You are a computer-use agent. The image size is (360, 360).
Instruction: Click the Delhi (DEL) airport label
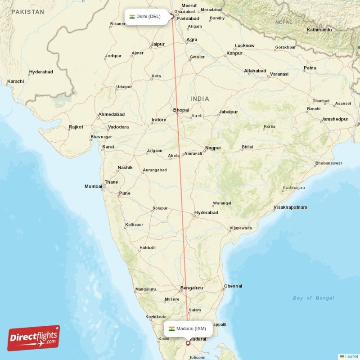click(x=144, y=17)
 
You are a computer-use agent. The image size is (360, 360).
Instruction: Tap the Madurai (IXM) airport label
click(x=188, y=328)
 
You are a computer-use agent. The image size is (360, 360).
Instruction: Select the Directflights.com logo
click(x=34, y=337)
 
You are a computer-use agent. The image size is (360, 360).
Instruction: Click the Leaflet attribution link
click(x=351, y=356)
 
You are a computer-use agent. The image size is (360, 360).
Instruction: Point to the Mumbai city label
click(x=93, y=186)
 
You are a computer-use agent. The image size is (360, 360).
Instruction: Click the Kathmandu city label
click(x=319, y=30)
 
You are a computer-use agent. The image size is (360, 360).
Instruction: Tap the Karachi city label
click(x=15, y=81)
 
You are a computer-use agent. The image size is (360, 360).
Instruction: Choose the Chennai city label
click(x=233, y=286)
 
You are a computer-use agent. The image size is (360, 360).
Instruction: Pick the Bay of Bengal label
click(x=313, y=298)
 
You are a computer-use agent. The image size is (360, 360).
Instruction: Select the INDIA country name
click(x=199, y=99)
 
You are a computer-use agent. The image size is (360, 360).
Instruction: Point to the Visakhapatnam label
click(x=290, y=207)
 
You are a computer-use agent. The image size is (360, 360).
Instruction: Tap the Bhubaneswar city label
click(x=328, y=163)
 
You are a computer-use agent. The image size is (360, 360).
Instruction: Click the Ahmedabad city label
click(x=111, y=114)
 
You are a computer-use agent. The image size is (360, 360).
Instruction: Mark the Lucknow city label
click(x=244, y=45)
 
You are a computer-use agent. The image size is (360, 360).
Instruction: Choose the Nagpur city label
click(x=213, y=148)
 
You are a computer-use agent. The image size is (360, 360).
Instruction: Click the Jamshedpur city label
click(x=335, y=119)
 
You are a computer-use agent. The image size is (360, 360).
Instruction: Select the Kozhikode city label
click(x=156, y=317)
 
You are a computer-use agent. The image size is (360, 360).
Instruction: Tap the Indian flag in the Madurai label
click(x=171, y=328)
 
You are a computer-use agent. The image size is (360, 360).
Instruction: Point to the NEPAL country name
click(x=283, y=22)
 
